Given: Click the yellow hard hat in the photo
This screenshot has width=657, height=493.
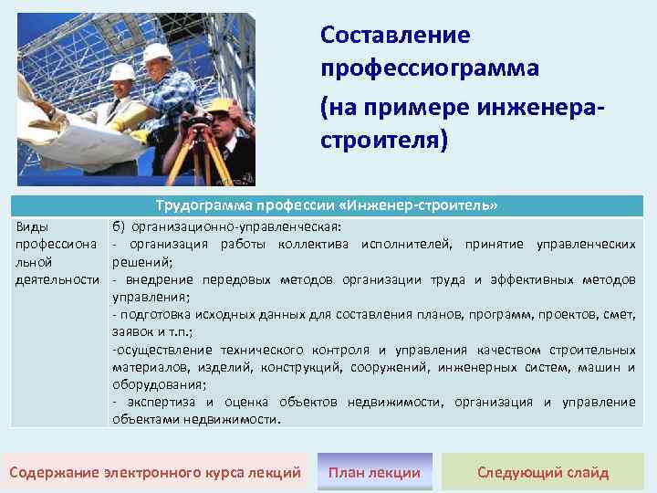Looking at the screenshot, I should (218, 106).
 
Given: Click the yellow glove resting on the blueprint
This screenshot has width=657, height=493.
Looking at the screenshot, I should (137, 136).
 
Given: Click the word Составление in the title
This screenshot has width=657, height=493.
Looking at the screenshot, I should (395, 36).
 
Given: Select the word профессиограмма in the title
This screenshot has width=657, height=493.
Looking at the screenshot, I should (430, 68).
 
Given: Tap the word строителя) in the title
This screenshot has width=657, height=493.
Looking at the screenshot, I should (384, 142).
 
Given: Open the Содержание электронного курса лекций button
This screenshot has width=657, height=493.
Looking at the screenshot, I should (154, 472).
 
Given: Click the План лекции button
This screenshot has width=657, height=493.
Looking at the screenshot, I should (374, 472).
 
